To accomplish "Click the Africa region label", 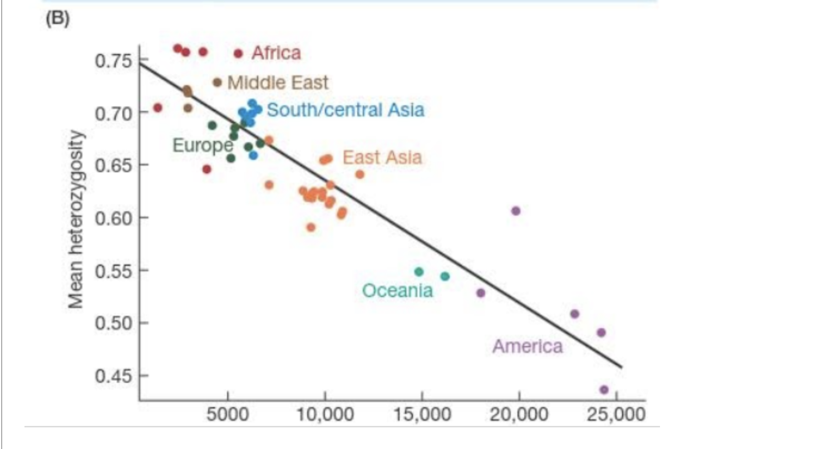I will [276, 53].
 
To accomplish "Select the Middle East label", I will [278, 83].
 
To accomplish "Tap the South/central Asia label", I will [346, 110].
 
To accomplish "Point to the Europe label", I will [203, 145].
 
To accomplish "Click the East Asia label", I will [382, 158].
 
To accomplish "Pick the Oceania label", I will [397, 290].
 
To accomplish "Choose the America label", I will [528, 346].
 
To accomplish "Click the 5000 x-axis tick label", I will [228, 416].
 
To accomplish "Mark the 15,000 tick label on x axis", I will [422, 416].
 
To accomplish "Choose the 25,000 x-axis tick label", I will [615, 416].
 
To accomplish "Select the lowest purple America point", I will [604, 389].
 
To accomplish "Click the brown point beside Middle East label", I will [217, 82].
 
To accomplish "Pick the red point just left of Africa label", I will [238, 53].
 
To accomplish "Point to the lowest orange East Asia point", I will [311, 227].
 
